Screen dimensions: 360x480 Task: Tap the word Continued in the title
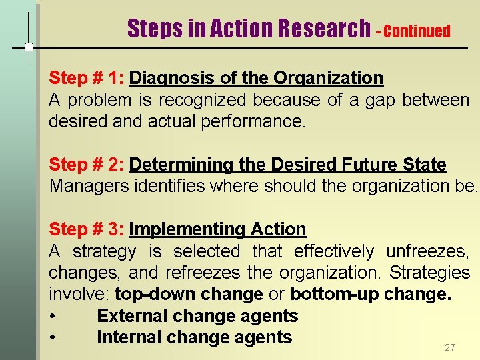[417, 31]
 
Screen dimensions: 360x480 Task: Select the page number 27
[449, 347]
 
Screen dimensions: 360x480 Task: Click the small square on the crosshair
[29, 47]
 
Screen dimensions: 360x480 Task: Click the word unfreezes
[427, 251]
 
